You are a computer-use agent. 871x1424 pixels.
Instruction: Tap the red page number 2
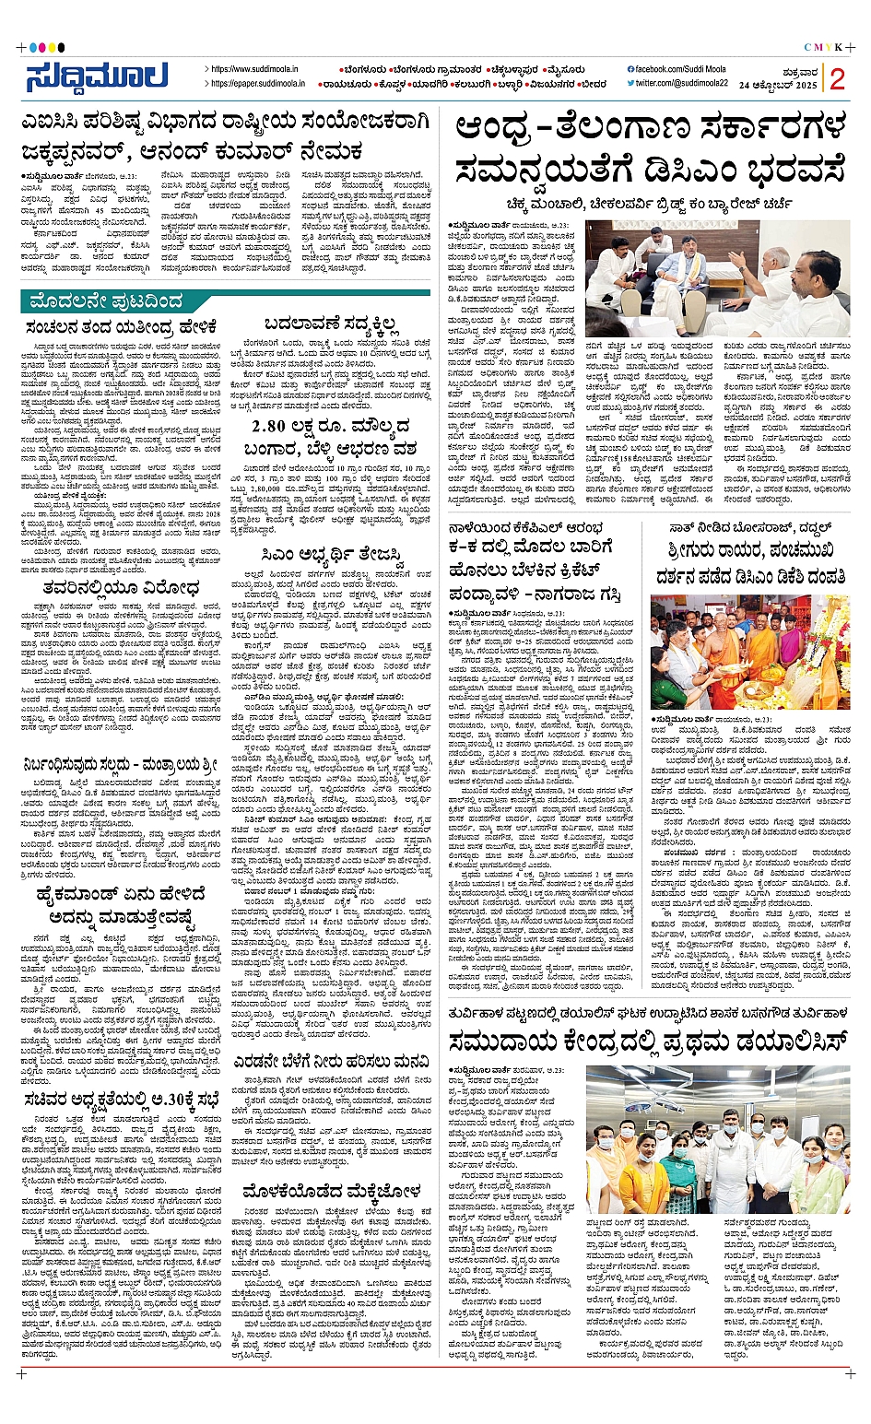tap(837, 79)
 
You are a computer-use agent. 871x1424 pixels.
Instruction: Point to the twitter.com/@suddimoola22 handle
tap(681, 84)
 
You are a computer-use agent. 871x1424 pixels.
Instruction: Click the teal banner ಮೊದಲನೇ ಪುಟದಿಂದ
tap(106, 300)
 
